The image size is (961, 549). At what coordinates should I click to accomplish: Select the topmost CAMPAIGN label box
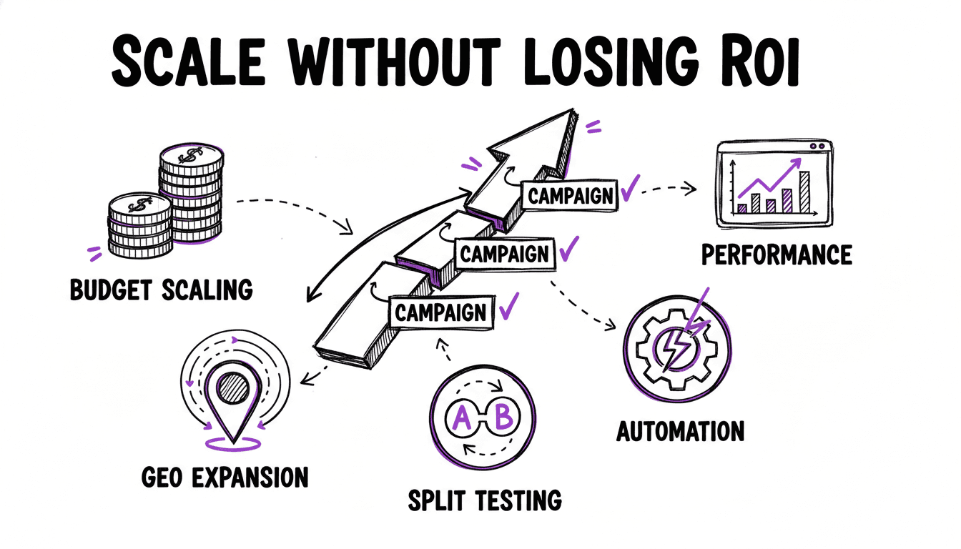tap(569, 194)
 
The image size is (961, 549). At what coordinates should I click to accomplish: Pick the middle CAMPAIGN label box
tap(505, 253)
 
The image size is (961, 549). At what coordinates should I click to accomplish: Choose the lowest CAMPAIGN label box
tap(440, 312)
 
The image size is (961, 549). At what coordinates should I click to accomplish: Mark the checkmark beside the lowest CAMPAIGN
tap(508, 309)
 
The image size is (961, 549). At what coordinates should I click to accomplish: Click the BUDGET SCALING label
tap(162, 290)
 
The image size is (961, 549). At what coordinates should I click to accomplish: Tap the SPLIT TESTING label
tap(484, 500)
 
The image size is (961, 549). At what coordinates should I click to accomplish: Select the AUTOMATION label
tap(679, 431)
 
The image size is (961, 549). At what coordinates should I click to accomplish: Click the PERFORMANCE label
tap(777, 254)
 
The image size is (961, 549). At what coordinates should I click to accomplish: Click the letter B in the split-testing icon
tap(504, 418)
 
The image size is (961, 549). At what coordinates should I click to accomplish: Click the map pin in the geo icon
tap(232, 400)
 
